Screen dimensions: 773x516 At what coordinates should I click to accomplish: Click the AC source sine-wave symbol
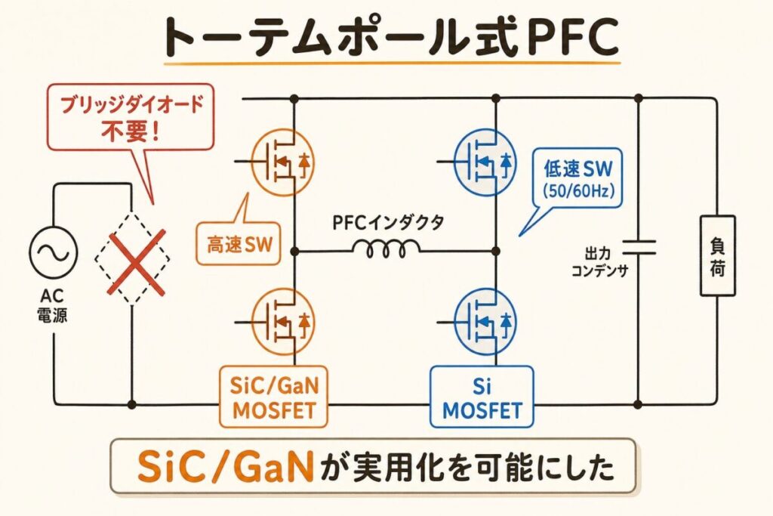coord(54,252)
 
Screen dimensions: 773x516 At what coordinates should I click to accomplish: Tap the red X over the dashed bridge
coord(137,263)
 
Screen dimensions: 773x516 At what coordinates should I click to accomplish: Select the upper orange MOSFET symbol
coord(282,162)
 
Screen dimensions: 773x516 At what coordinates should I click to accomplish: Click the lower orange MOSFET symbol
coord(282,322)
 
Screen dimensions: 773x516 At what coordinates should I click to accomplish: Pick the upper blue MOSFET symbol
coord(485,162)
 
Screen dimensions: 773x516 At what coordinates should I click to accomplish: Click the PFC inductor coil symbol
coord(386,249)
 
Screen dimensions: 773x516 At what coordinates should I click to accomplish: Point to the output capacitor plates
coord(639,248)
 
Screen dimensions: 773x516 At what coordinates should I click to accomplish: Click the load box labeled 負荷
coord(717,255)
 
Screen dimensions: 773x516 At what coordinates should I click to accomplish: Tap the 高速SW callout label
coord(239,244)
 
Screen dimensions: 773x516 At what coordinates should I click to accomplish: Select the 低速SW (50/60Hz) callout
coord(577,178)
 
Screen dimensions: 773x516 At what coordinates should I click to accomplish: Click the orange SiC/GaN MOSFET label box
coord(273,397)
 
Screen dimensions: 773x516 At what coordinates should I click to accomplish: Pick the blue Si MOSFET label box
coord(482,397)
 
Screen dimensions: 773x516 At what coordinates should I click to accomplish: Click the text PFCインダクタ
coord(388,223)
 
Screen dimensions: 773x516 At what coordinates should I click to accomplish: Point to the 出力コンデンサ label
coord(599,262)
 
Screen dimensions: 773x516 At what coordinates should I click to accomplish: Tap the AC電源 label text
coord(52,306)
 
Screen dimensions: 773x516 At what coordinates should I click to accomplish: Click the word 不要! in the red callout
coord(130,131)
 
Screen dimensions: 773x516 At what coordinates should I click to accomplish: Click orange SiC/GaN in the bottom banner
coord(226,466)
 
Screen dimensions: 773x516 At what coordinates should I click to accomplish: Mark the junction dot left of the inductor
coord(295,252)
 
